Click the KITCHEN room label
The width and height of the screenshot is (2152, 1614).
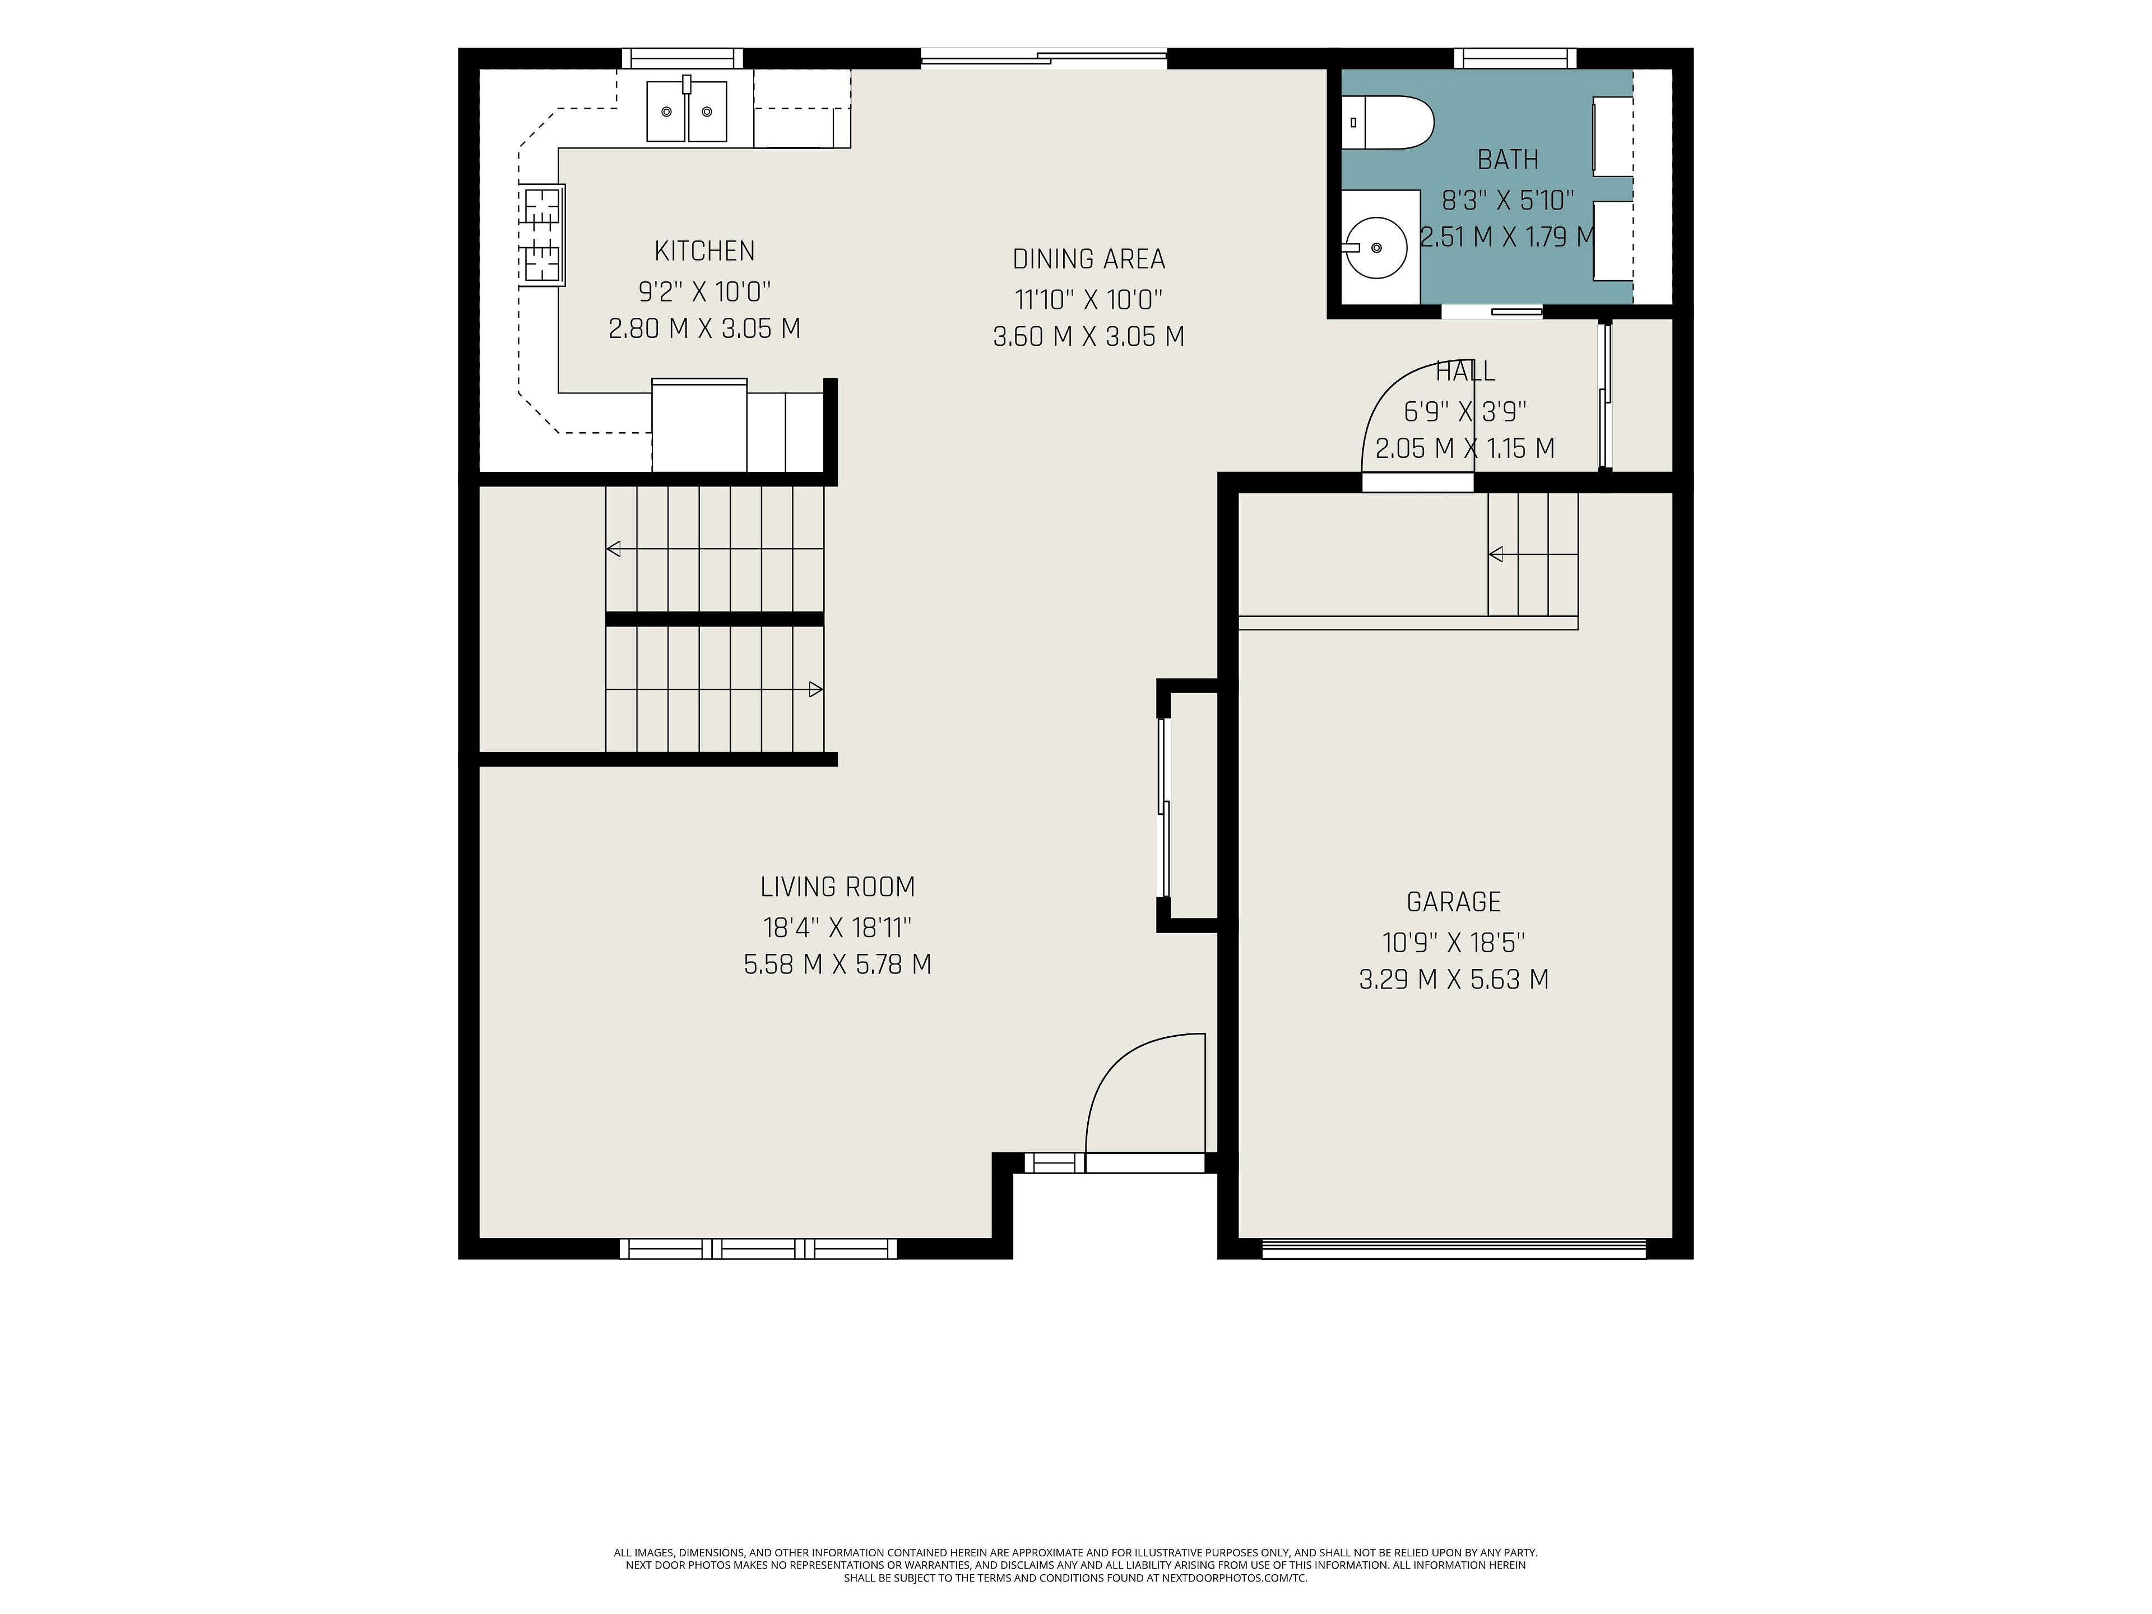point(704,251)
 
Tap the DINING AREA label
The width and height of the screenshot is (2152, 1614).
point(1089,259)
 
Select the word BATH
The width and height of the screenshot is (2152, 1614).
point(1508,160)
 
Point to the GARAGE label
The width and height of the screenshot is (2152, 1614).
point(1454,902)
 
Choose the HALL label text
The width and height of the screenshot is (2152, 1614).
point(1465,370)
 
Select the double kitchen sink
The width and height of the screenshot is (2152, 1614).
point(687,110)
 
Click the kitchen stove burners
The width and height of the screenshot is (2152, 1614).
point(542,234)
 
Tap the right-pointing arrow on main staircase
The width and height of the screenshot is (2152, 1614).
point(816,690)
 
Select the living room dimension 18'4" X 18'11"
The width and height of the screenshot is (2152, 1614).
point(838,926)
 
